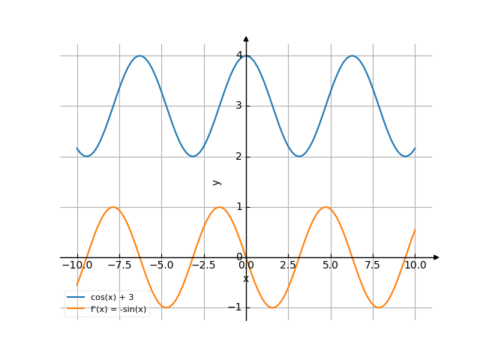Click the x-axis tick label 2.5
tap(288, 265)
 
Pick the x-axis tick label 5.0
tap(331, 265)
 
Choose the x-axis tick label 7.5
tap(373, 265)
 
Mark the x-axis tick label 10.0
tap(415, 265)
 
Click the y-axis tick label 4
tap(238, 55)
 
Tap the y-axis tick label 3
tap(238, 105)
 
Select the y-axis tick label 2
tap(238, 156)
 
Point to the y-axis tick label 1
tap(238, 206)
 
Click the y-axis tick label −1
tap(236, 307)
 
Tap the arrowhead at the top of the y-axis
tap(246, 37)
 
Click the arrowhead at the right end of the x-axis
tap(436, 257)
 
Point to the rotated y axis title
tap(217, 182)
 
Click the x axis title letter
tap(245, 279)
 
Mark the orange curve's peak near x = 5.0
tap(325, 207)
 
